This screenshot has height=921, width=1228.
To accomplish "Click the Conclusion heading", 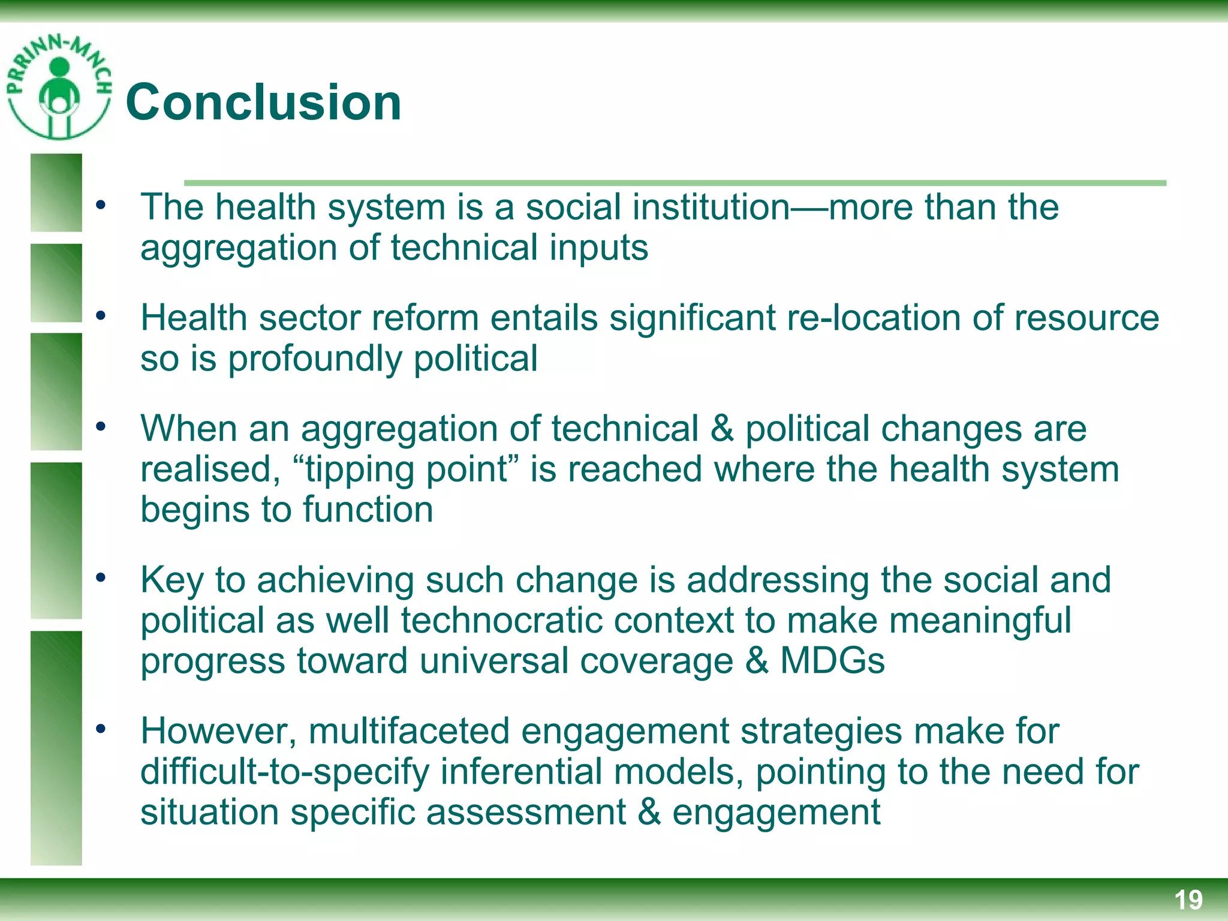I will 263,103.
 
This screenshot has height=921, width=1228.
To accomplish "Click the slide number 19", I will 1188,900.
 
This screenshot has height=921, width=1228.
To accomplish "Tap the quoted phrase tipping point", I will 407,469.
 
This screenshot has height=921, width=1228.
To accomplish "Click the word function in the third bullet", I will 368,510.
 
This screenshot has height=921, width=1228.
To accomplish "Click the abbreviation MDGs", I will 832,661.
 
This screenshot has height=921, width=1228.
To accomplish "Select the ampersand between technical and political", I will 722,429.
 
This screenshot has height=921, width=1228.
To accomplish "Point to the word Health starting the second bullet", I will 194,318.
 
